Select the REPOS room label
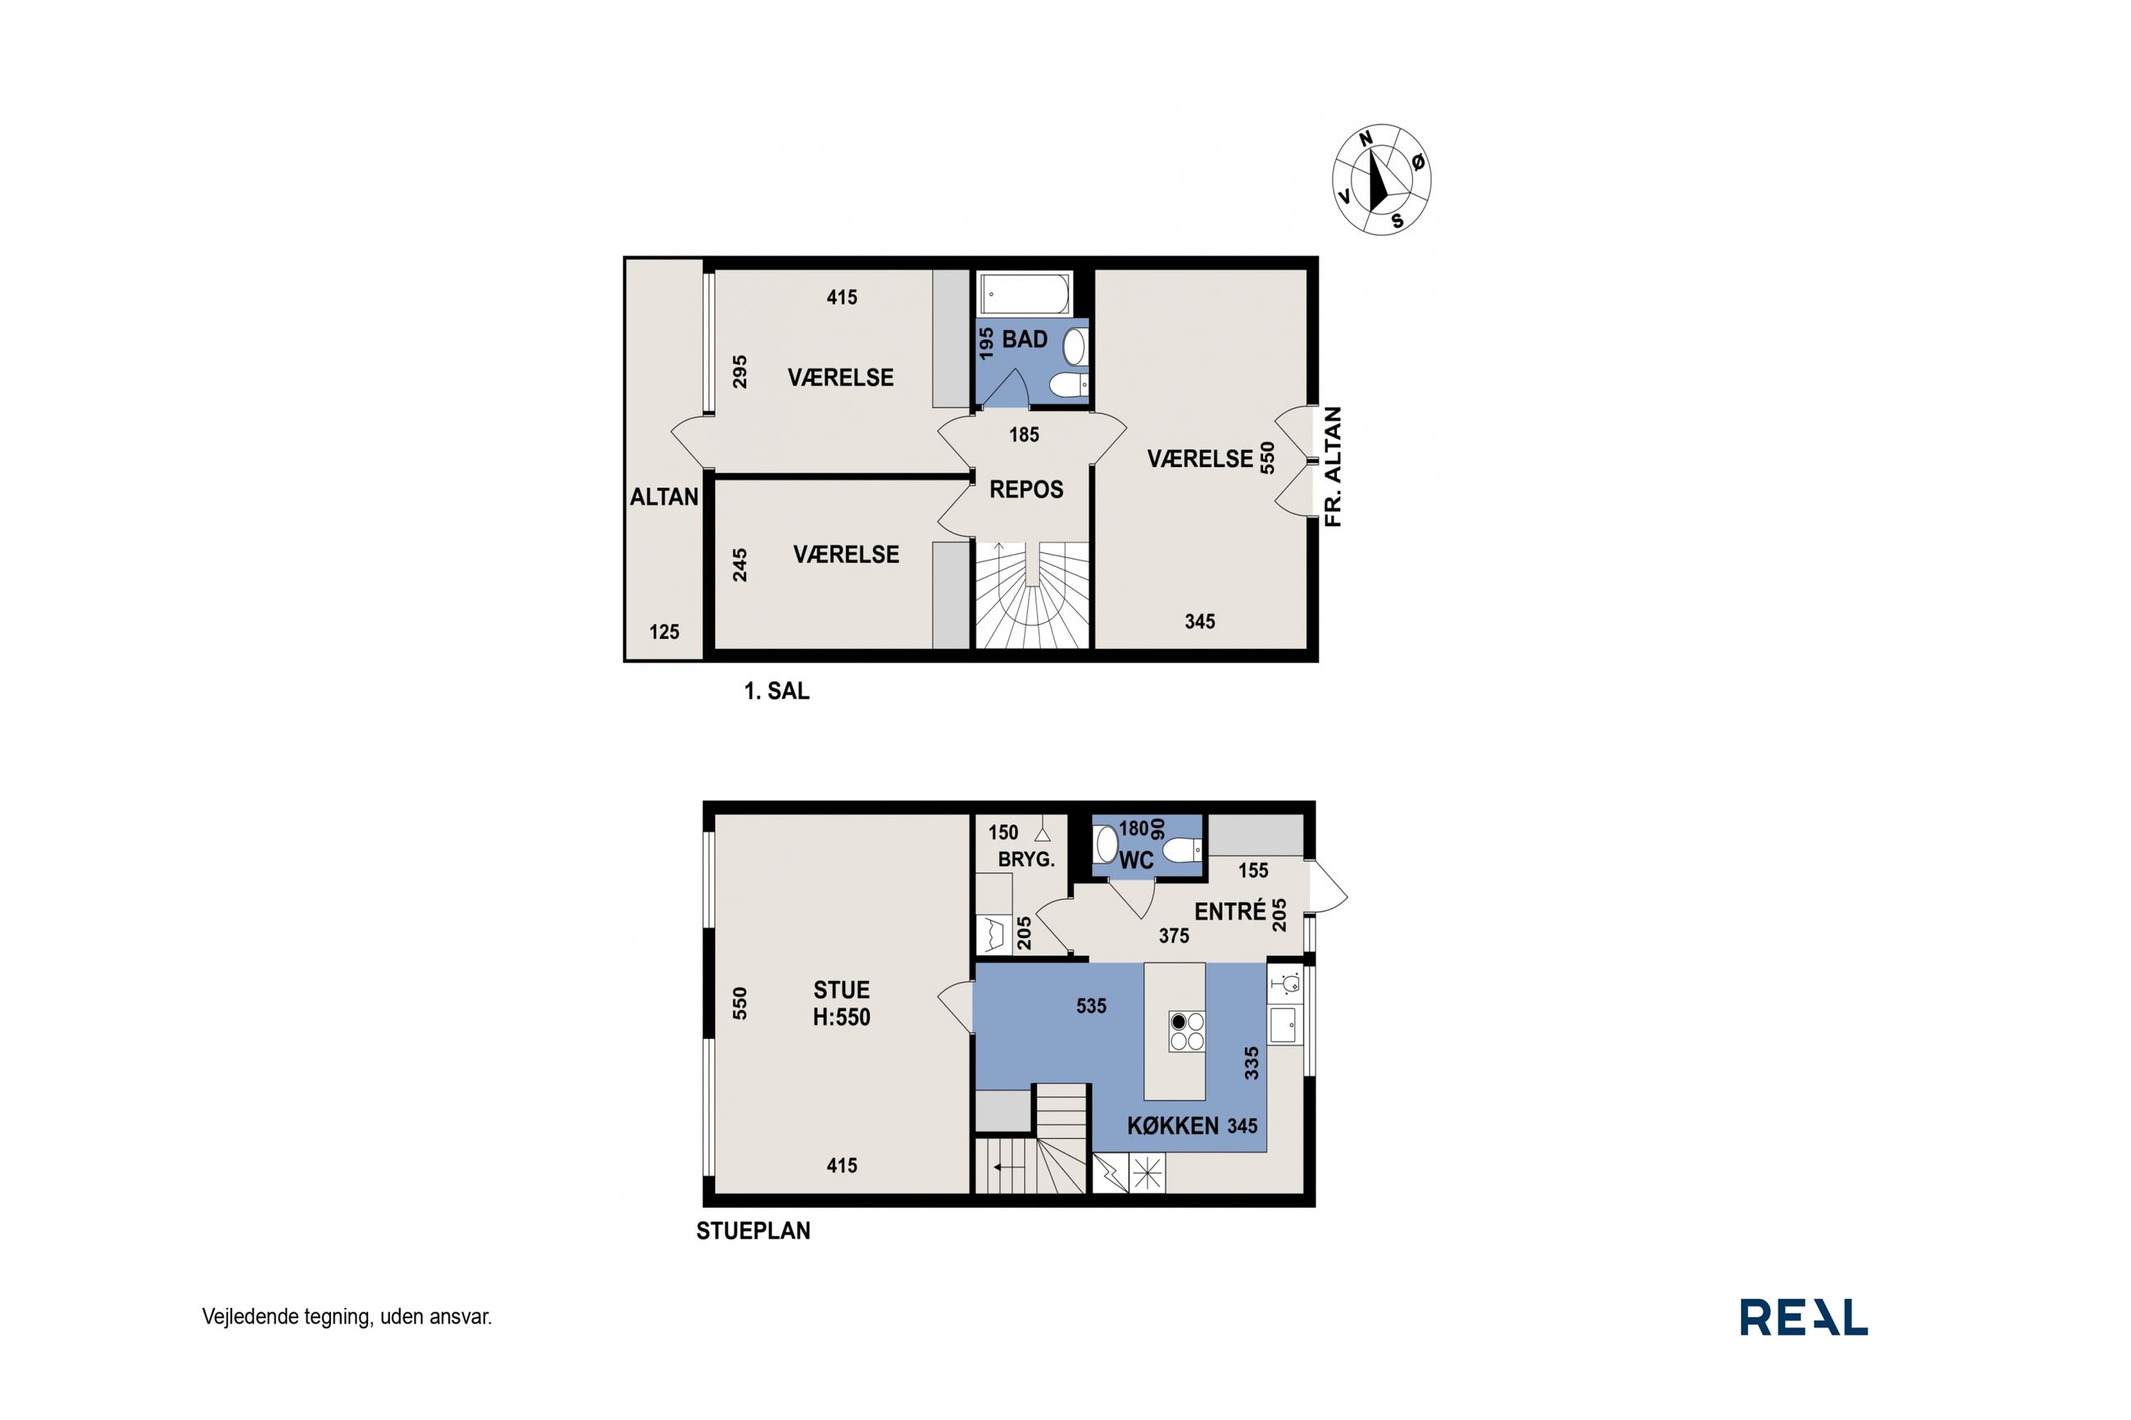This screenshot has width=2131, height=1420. tap(1026, 490)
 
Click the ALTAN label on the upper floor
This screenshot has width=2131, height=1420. tap(665, 497)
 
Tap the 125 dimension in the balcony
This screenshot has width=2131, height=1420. tap(664, 632)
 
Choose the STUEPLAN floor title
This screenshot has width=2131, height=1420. tap(752, 1231)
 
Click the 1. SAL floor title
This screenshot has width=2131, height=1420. tap(776, 691)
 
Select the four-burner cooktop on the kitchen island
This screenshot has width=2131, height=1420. tap(1188, 1031)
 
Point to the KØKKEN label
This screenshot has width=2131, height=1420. tap(1172, 1126)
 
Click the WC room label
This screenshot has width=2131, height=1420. tap(1137, 860)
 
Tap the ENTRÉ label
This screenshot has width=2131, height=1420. tap(1230, 912)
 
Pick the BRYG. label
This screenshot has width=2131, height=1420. tap(1026, 860)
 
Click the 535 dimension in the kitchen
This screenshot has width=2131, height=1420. tap(1091, 1006)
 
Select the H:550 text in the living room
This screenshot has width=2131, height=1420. tap(842, 1017)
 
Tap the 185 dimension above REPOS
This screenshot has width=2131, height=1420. tap(1025, 435)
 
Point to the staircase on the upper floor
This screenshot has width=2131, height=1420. tap(1030, 595)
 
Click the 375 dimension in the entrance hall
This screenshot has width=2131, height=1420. tap(1174, 936)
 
